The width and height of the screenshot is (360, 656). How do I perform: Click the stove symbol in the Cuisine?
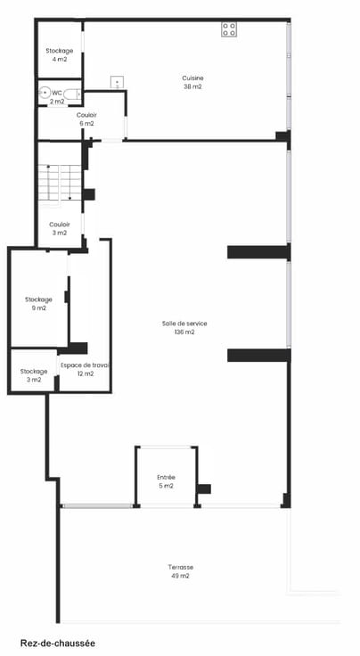229,29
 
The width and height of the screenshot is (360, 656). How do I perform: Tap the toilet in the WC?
72,94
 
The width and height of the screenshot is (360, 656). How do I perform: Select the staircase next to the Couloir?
60,183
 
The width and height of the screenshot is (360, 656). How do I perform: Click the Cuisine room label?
192,78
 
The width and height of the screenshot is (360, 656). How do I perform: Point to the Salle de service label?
184,324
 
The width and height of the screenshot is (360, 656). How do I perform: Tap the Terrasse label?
181,567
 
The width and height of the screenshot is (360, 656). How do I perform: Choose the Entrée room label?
166,478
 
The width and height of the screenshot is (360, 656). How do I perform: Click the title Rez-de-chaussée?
58,643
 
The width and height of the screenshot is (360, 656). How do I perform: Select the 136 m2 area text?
184,332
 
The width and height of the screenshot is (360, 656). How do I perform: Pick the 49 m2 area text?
181,576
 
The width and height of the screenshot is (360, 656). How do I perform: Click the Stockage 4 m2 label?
60,54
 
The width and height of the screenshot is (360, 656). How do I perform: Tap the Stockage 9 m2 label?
38,304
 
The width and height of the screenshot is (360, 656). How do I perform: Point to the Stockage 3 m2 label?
34,376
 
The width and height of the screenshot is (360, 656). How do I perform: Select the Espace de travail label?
86,369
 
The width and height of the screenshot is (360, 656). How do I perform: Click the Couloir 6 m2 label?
87,119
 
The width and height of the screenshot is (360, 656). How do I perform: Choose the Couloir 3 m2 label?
60,229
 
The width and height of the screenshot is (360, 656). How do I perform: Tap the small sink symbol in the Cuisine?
117,82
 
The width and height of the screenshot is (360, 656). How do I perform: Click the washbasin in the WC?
45,93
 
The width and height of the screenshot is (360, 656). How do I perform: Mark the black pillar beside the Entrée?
204,488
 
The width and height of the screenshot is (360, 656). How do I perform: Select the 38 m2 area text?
192,87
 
